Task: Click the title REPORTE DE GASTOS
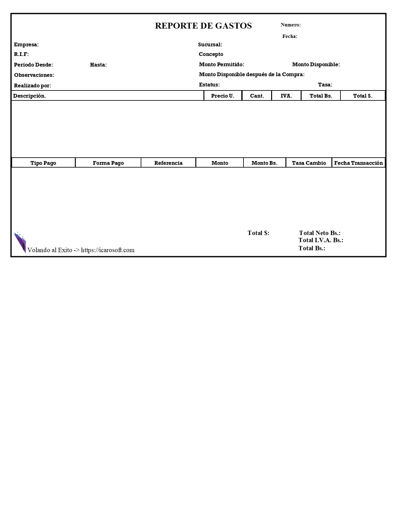(x=203, y=26)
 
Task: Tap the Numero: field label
(x=290, y=25)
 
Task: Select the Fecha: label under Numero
(x=289, y=36)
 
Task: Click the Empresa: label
(x=26, y=45)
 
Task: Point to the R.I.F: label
(x=21, y=54)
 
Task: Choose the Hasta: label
(x=98, y=65)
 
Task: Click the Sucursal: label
(x=210, y=45)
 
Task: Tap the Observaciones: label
(x=34, y=75)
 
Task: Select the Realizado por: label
(x=33, y=86)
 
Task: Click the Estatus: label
(x=209, y=85)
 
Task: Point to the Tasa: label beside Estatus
(x=325, y=85)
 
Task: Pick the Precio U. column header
(x=223, y=96)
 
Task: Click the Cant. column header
(x=257, y=96)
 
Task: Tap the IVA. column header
(x=286, y=96)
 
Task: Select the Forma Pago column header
(x=108, y=163)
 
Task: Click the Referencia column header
(x=168, y=163)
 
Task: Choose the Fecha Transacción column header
(x=358, y=163)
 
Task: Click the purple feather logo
(x=20, y=242)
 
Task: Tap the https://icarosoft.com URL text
(x=107, y=250)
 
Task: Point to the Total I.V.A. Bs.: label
(x=321, y=240)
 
